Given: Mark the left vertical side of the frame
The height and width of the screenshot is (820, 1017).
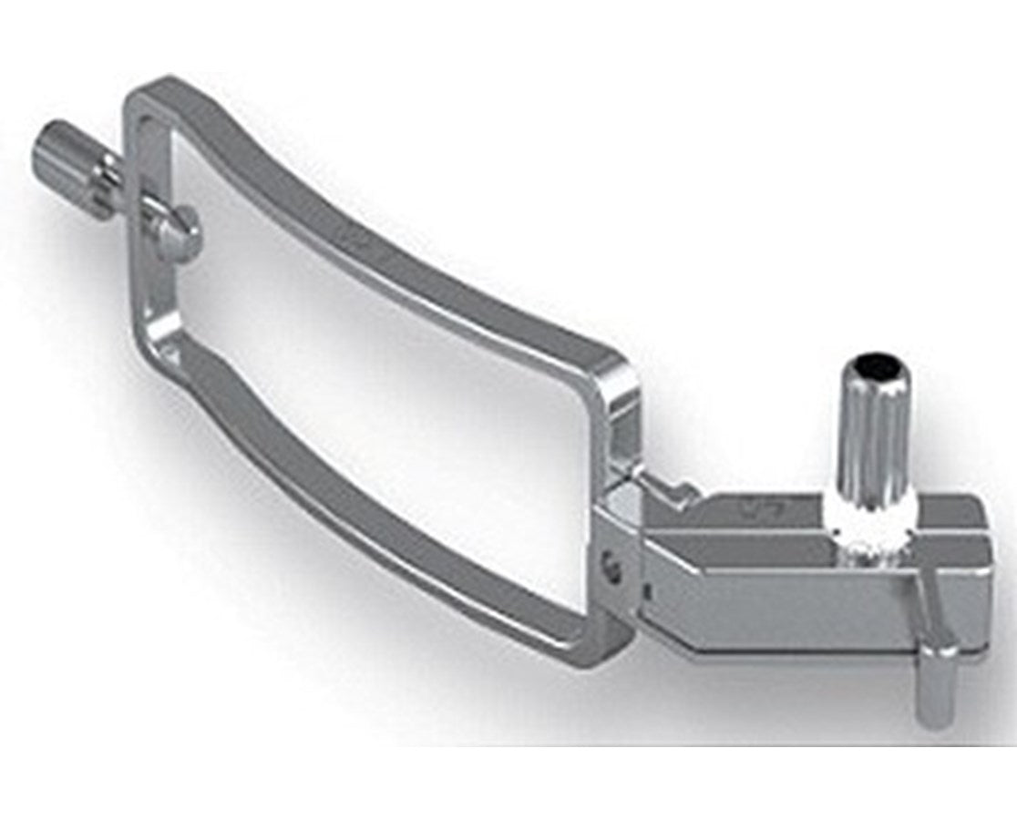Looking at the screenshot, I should pos(151,228).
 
